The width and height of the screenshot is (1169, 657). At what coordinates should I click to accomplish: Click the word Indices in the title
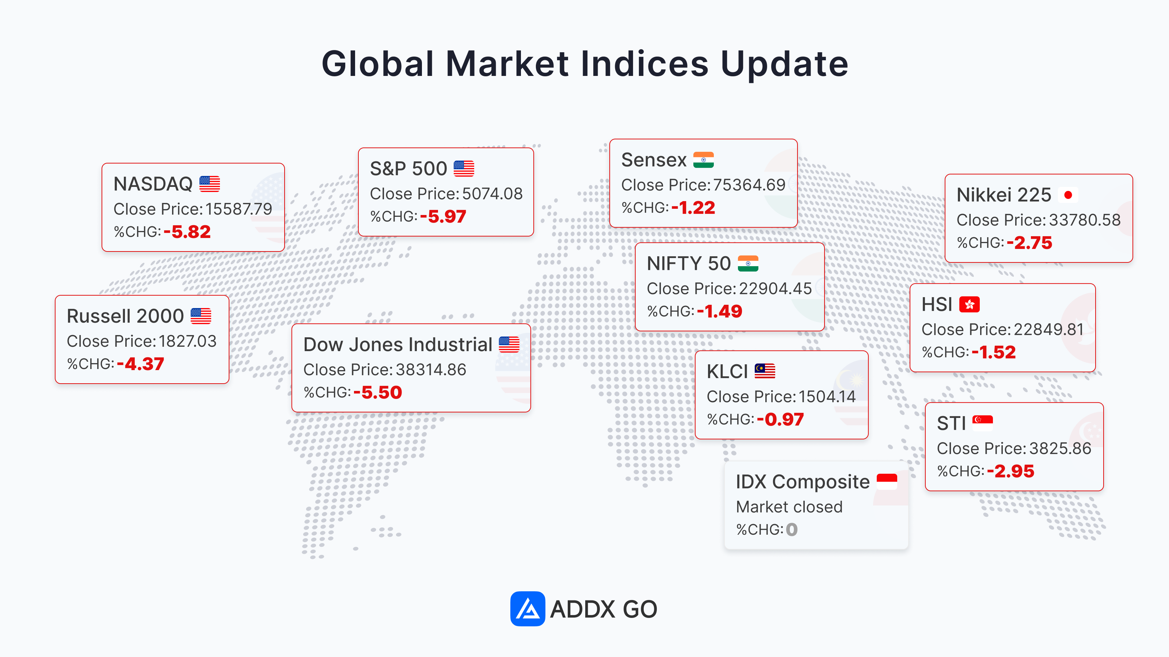click(644, 64)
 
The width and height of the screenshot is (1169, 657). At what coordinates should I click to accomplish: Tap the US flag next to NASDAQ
click(210, 184)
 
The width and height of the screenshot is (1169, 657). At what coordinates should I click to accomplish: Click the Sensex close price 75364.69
click(749, 185)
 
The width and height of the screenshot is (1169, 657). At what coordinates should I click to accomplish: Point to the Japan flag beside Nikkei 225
click(1068, 195)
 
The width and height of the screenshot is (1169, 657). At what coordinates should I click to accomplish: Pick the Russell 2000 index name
click(125, 316)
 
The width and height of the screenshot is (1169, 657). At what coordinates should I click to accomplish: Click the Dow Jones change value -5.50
click(378, 393)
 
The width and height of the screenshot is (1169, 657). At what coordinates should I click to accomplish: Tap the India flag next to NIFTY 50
click(748, 264)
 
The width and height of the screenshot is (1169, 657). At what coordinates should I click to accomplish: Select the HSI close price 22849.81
click(1049, 330)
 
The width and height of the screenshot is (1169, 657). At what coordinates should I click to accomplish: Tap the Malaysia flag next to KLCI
click(765, 371)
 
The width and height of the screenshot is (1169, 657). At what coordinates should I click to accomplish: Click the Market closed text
click(789, 507)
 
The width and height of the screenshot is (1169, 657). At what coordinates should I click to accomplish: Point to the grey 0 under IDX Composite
click(792, 530)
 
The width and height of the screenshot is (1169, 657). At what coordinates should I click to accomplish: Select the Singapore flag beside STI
click(982, 423)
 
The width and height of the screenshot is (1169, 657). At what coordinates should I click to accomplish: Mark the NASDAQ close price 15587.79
click(239, 209)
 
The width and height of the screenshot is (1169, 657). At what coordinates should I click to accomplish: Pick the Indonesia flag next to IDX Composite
click(887, 481)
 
